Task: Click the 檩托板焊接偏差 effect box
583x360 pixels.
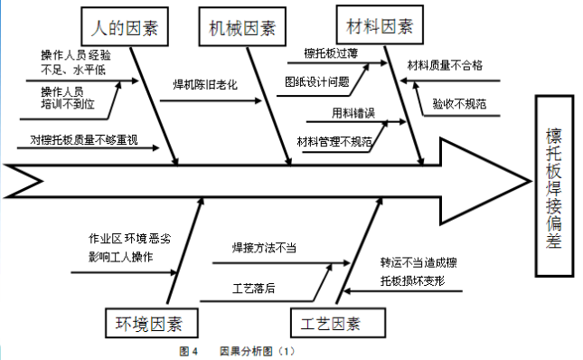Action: (553, 187)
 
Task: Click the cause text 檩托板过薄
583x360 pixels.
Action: (331, 53)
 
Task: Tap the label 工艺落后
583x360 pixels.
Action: (254, 289)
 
